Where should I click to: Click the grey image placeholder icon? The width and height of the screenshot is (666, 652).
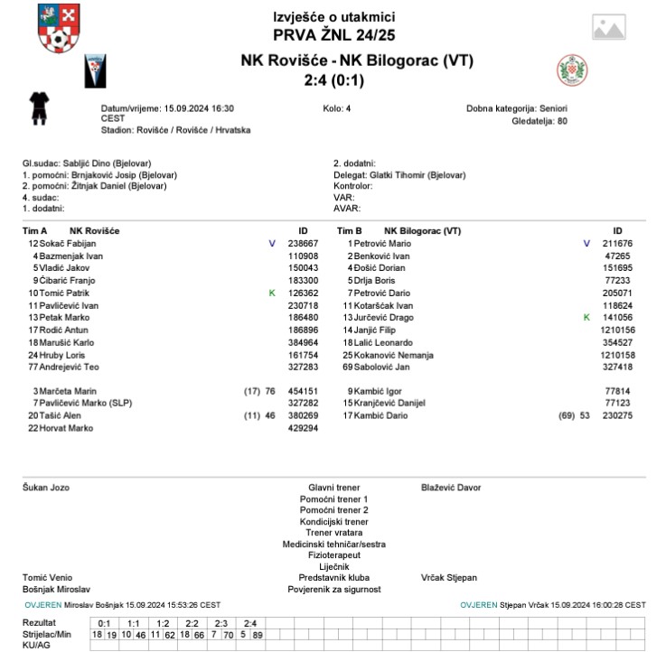pyautogui.click(x=608, y=27)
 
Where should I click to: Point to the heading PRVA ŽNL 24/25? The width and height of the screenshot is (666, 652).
pyautogui.click(x=333, y=35)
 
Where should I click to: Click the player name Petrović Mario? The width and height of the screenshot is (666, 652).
pyautogui.click(x=380, y=244)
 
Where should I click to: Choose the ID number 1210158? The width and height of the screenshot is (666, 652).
pyautogui.click(x=618, y=355)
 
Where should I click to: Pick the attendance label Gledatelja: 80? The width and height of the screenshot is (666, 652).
pyautogui.click(x=539, y=120)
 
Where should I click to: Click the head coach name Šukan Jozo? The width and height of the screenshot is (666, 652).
pyautogui.click(x=45, y=488)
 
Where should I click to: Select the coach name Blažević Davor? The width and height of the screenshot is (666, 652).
pyautogui.click(x=451, y=488)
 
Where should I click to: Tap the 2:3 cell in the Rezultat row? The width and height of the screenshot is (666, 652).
pyautogui.click(x=221, y=623)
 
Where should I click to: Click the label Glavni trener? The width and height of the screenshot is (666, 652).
pyautogui.click(x=333, y=488)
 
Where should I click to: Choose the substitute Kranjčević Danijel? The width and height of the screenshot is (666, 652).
pyautogui.click(x=394, y=403)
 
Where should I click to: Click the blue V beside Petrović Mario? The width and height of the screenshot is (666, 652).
pyautogui.click(x=586, y=244)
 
